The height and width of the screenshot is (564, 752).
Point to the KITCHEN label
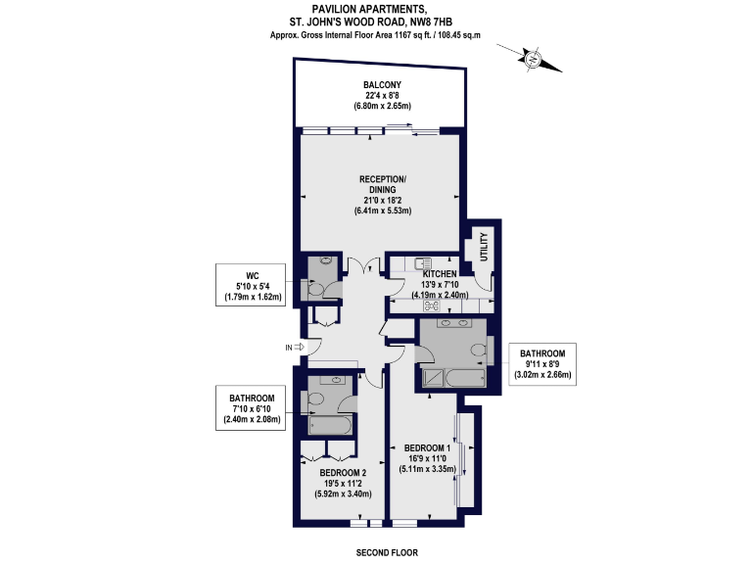tap(440, 274)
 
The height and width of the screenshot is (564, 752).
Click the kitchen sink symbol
tap(423, 262)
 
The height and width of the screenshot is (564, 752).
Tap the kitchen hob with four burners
tap(431, 305)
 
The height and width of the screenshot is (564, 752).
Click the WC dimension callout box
tap(251, 284)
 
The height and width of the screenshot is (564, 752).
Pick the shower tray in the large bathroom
tap(434, 377)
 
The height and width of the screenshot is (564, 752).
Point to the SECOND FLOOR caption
tap(386, 552)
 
